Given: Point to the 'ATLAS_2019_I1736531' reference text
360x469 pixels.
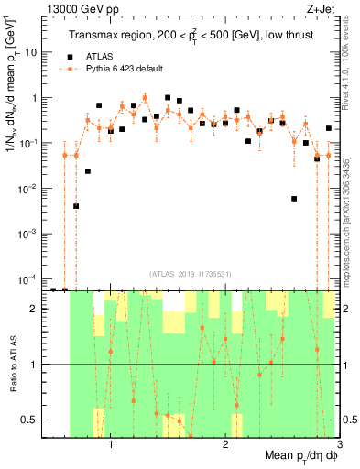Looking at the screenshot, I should pyautogui.click(x=190, y=273).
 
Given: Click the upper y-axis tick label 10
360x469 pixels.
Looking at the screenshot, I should pyautogui.click(x=32, y=52).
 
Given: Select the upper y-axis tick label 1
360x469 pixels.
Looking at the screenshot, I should pyautogui.click(x=35, y=97).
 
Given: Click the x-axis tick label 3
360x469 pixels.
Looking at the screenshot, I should pyautogui.click(x=339, y=447).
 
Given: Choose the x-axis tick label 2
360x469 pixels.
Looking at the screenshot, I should pyautogui.click(x=225, y=447).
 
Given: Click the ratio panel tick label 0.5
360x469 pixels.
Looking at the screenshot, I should pyautogui.click(x=31, y=420).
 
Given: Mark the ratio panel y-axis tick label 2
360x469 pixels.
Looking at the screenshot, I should pyautogui.click(x=35, y=309).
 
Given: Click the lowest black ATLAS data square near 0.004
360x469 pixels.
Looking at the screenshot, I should pyautogui.click(x=76, y=206).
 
